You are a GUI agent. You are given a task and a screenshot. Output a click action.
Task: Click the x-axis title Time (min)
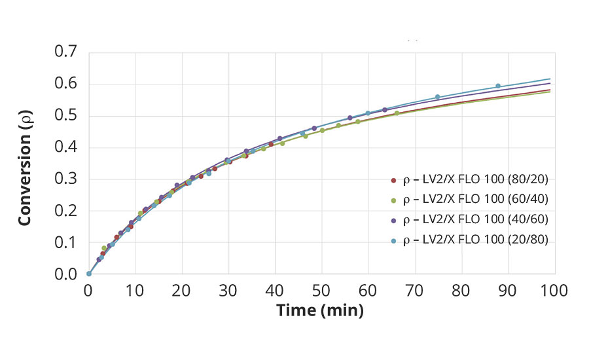coord(320,310)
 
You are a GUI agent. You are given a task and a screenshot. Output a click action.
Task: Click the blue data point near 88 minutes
coord(498,86)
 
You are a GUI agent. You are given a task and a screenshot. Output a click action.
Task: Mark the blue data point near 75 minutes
coord(438,97)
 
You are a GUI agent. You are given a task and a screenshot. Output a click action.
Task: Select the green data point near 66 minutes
coord(397,113)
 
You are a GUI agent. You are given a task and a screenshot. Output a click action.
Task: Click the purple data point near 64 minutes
coord(385,109)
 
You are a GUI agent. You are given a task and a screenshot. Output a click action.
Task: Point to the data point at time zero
coord(88,274)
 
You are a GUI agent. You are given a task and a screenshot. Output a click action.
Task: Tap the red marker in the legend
coord(393,179)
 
